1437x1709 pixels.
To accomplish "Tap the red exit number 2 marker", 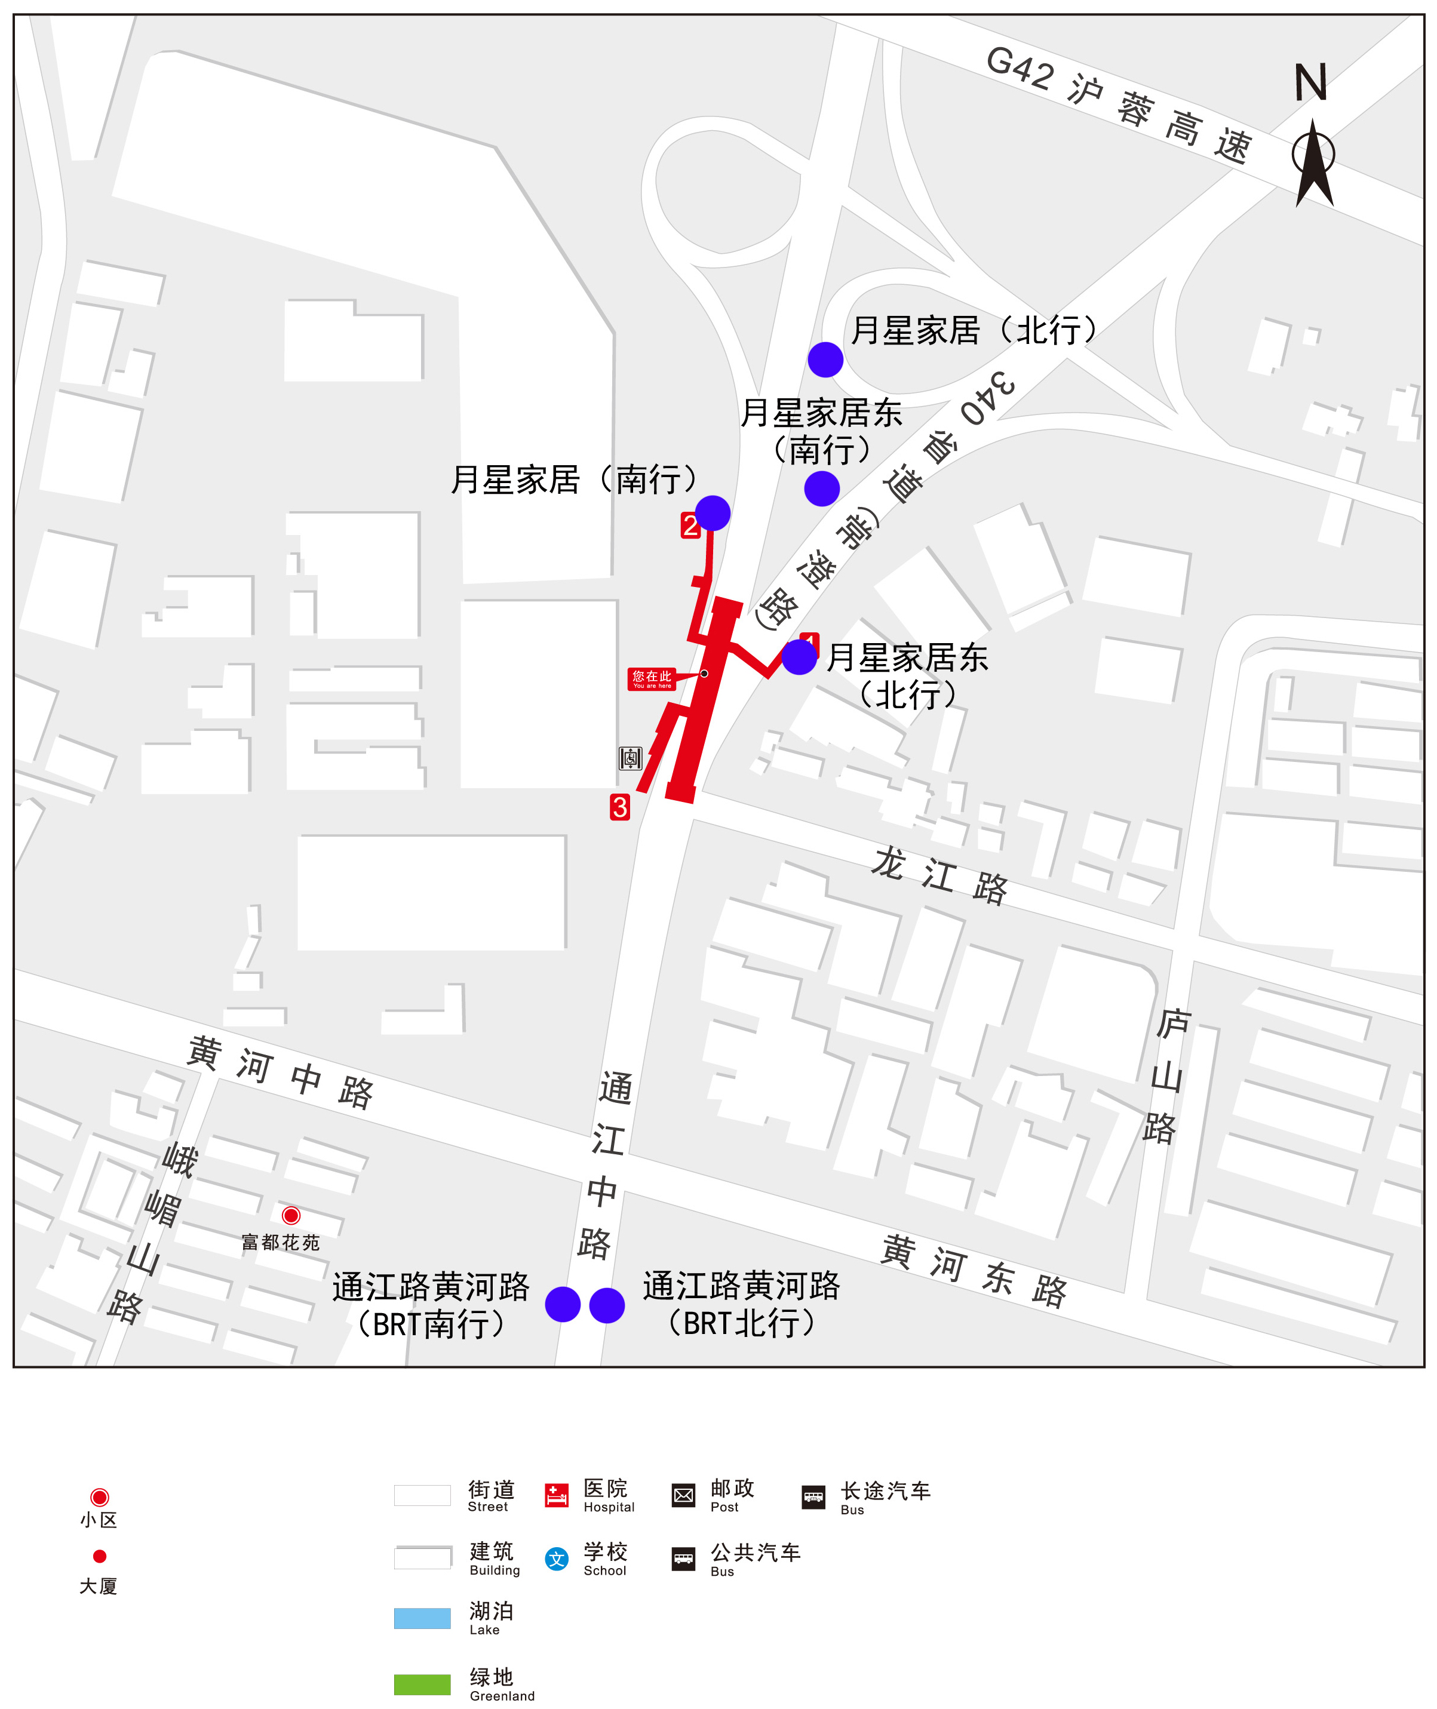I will coord(690,525).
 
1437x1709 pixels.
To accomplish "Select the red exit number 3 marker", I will coord(620,807).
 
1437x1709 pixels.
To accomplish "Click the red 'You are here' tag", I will coord(652,678).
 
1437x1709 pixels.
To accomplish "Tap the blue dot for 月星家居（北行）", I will coord(825,359).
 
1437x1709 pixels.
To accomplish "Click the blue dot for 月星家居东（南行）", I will coord(821,488).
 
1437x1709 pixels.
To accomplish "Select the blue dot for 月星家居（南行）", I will coord(713,512).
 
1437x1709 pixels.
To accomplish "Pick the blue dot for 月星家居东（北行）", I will coord(799,657).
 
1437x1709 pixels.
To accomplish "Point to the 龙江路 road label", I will coord(939,875).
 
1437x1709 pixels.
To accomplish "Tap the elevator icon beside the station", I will coord(631,758).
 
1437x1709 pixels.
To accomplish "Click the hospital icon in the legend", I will coord(557,1495).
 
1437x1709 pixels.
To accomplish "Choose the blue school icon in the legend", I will coord(557,1559).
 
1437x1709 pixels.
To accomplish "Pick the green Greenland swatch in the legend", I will coord(422,1685).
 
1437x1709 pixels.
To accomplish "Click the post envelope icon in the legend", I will coord(683,1495).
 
